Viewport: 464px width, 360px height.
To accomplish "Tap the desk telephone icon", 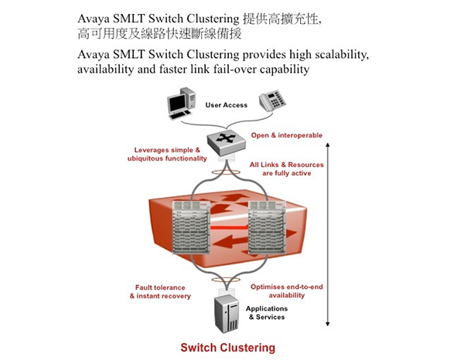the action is click(x=272, y=100).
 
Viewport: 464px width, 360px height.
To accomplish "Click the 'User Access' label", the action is click(x=227, y=105).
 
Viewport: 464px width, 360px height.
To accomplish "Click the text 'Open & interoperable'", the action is click(x=286, y=135).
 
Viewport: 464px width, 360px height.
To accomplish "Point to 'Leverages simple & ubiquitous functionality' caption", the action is click(x=167, y=154).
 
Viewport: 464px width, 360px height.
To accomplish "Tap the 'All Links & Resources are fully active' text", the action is click(x=286, y=168).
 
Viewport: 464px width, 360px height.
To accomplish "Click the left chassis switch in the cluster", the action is click(x=191, y=227).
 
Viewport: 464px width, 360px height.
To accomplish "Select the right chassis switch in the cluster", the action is click(x=267, y=227).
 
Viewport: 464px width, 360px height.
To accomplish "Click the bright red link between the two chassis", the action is click(x=229, y=227).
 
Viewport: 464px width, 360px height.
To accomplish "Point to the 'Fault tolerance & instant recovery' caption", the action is click(x=160, y=291).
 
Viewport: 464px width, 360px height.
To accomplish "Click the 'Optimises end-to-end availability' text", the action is click(x=286, y=290).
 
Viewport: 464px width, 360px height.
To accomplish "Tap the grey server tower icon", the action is click(x=227, y=314).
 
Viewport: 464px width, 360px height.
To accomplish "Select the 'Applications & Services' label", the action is click(x=267, y=313).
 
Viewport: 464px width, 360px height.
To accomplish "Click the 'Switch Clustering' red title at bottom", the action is click(x=228, y=348).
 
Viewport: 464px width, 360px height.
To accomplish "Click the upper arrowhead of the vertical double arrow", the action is click(x=327, y=144).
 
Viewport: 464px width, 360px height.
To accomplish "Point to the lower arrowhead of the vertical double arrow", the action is click(x=327, y=324).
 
